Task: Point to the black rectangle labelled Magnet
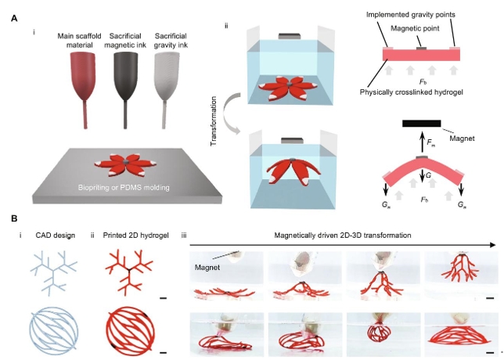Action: tap(421, 124)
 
